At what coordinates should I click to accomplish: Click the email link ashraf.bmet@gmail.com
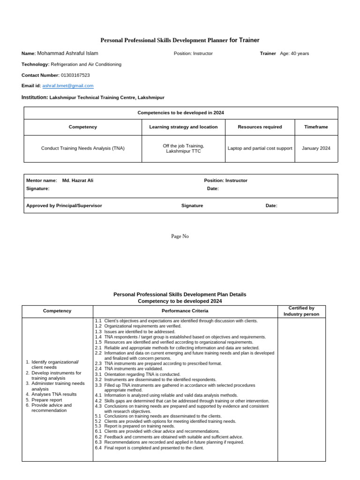click(68, 86)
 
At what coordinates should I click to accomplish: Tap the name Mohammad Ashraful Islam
click(67, 53)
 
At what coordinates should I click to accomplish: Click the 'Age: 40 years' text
click(294, 53)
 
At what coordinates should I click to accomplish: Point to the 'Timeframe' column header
click(316, 127)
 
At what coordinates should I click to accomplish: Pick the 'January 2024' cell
click(316, 148)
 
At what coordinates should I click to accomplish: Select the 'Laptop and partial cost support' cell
click(260, 148)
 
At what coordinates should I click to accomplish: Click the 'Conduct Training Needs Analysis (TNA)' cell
click(83, 148)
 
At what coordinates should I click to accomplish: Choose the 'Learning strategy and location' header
click(183, 127)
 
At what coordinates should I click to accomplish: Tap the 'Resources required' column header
click(260, 127)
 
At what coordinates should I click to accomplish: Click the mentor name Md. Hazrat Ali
click(78, 180)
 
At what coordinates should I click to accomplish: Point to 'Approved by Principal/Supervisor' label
click(64, 206)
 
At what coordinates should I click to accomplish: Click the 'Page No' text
click(180, 237)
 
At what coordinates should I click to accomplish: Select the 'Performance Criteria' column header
click(185, 311)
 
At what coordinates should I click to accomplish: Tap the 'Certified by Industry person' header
click(301, 311)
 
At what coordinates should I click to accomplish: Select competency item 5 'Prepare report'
click(46, 400)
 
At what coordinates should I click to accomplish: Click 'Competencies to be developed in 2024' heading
click(180, 113)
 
